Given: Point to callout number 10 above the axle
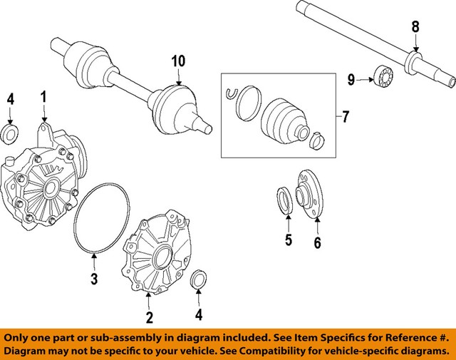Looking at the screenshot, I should (177, 62).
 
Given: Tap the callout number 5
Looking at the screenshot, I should (289, 240).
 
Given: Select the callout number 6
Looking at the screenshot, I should (317, 243).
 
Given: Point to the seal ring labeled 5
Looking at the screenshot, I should (284, 200).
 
